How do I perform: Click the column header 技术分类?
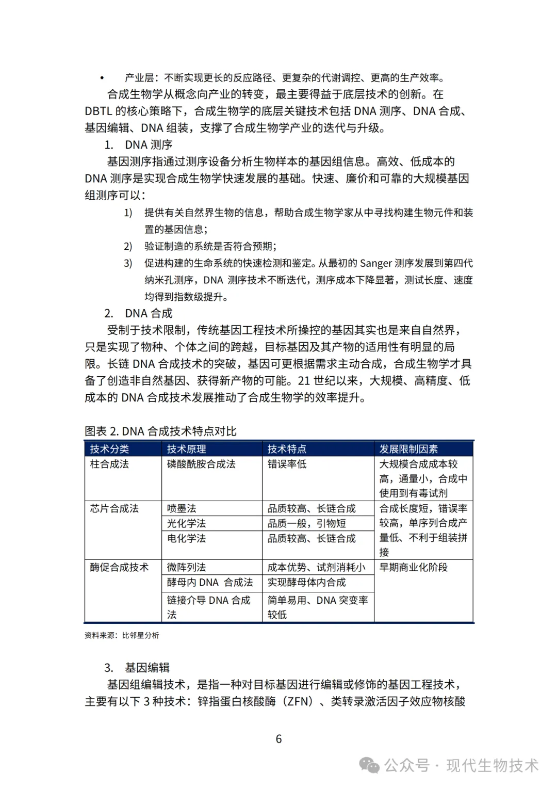(x=109, y=449)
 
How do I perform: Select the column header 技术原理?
(x=186, y=449)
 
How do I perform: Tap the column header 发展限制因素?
(x=408, y=449)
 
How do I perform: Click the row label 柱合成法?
(x=109, y=464)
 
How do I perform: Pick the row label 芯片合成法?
(x=114, y=508)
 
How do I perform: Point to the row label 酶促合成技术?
(x=119, y=567)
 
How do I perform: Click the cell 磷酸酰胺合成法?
(x=201, y=464)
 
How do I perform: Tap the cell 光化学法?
(x=186, y=523)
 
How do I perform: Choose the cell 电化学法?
(x=186, y=538)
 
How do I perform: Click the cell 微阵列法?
(x=186, y=567)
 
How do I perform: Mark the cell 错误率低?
(x=287, y=464)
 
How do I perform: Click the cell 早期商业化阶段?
(x=414, y=567)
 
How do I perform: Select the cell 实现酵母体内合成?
(x=306, y=582)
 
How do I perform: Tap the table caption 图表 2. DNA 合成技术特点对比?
(x=160, y=431)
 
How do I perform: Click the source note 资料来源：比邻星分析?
(x=122, y=635)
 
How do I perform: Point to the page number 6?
(x=278, y=739)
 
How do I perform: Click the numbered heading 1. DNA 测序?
(x=138, y=145)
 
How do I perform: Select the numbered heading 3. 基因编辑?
(x=137, y=668)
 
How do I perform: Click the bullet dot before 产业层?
(x=102, y=78)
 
